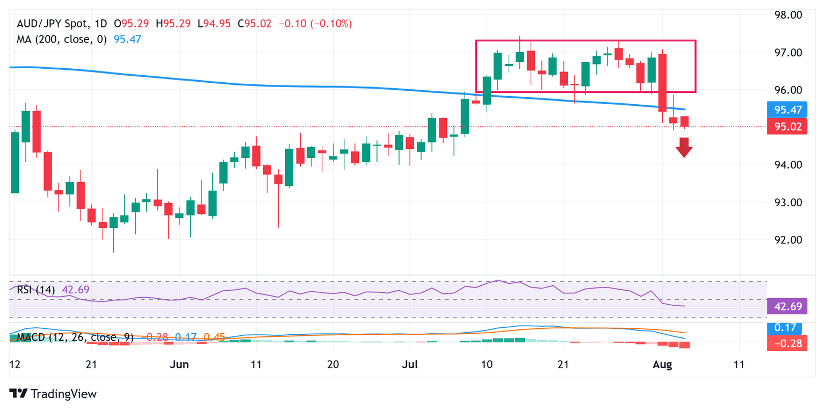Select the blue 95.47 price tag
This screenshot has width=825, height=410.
coord(788,111)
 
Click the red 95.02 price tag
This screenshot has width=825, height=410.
coord(788,127)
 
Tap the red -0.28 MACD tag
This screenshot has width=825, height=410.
coord(788,343)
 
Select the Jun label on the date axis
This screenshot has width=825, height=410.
coord(179,364)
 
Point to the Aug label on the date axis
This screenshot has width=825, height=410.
coord(662,364)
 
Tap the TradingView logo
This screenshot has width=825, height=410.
coord(54,394)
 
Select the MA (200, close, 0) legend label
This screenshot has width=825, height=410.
coord(60,39)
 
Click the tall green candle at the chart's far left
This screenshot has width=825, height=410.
coord(15,162)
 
